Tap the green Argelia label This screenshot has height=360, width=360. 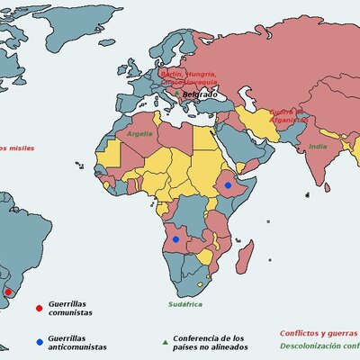coord(139,133)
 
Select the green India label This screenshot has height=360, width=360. coord(318,146)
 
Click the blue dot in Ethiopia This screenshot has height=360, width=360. coord(229,184)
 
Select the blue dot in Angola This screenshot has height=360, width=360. coord(175,239)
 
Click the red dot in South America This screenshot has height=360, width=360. coord(9,292)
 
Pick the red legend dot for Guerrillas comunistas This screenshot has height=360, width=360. coord(38,308)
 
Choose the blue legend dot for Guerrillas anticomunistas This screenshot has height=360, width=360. coord(38,342)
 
